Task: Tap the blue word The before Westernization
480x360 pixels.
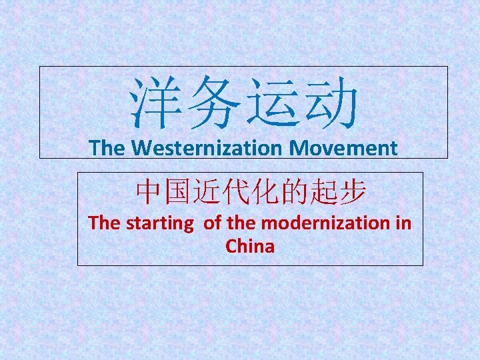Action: pyautogui.click(x=107, y=148)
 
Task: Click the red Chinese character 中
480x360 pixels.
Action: pyautogui.click(x=149, y=193)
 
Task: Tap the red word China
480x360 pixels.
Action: pyautogui.click(x=250, y=247)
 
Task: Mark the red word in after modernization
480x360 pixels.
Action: pyautogui.click(x=403, y=223)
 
